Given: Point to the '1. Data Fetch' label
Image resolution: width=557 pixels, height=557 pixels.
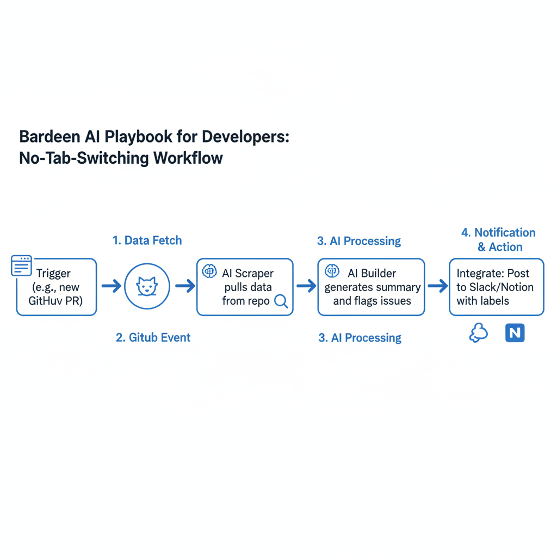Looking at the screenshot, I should click(147, 240).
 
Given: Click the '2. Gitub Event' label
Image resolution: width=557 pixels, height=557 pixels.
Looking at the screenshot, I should click(153, 337).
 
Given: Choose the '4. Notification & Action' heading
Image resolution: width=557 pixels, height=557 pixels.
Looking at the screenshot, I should click(498, 240).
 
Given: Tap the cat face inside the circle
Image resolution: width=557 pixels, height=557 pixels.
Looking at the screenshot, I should click(147, 287).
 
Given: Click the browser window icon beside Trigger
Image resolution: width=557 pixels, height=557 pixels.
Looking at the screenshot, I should click(22, 266).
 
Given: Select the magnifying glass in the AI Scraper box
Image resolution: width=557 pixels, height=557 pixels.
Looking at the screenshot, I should click(281, 301).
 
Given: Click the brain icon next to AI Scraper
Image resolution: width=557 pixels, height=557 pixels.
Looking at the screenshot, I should click(209, 271).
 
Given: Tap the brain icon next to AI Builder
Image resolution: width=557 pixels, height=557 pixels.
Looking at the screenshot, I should click(332, 271).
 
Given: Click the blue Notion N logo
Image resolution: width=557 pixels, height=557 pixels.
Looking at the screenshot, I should click(515, 332).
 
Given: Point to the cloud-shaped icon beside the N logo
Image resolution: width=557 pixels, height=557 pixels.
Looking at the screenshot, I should click(478, 333).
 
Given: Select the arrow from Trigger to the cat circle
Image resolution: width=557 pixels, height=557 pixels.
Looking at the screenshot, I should click(112, 286).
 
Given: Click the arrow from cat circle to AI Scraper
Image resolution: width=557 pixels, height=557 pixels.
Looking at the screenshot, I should click(185, 286).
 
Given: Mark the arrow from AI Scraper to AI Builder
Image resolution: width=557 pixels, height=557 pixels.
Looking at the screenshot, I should click(306, 286).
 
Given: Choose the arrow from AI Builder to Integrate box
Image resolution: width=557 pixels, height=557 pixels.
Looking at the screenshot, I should click(437, 286).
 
